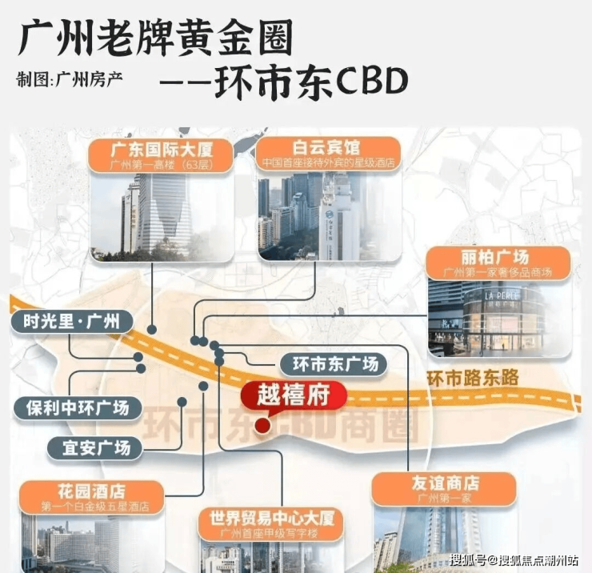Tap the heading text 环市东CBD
312,80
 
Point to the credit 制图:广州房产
70,80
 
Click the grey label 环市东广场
334,364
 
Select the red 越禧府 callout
293,395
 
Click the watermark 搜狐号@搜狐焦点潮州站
514,559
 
